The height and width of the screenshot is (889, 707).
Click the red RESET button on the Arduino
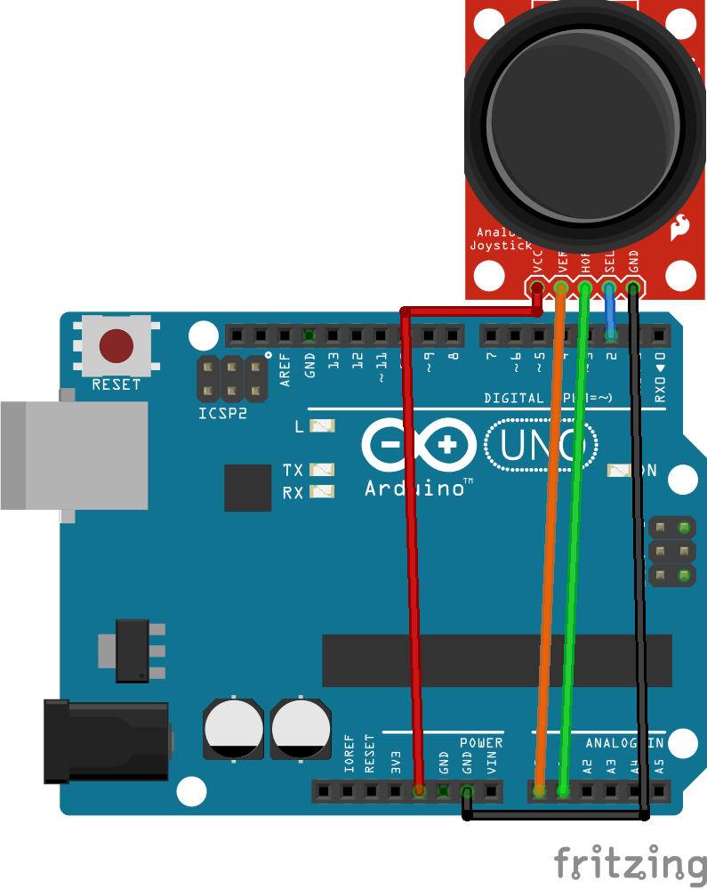click(x=116, y=346)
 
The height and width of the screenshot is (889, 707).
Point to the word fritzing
click(x=630, y=863)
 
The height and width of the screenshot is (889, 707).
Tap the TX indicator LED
click(x=321, y=469)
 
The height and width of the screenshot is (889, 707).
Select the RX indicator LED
click(x=321, y=491)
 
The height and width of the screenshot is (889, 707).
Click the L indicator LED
click(x=321, y=426)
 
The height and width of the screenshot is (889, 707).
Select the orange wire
click(x=549, y=552)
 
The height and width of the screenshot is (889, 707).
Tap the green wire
click(x=574, y=552)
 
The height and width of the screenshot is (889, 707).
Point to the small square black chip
click(x=247, y=488)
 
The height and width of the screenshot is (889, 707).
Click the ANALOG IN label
click(x=623, y=742)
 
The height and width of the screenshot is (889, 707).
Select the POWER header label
click(x=481, y=742)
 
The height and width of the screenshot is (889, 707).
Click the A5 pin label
click(x=658, y=764)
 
